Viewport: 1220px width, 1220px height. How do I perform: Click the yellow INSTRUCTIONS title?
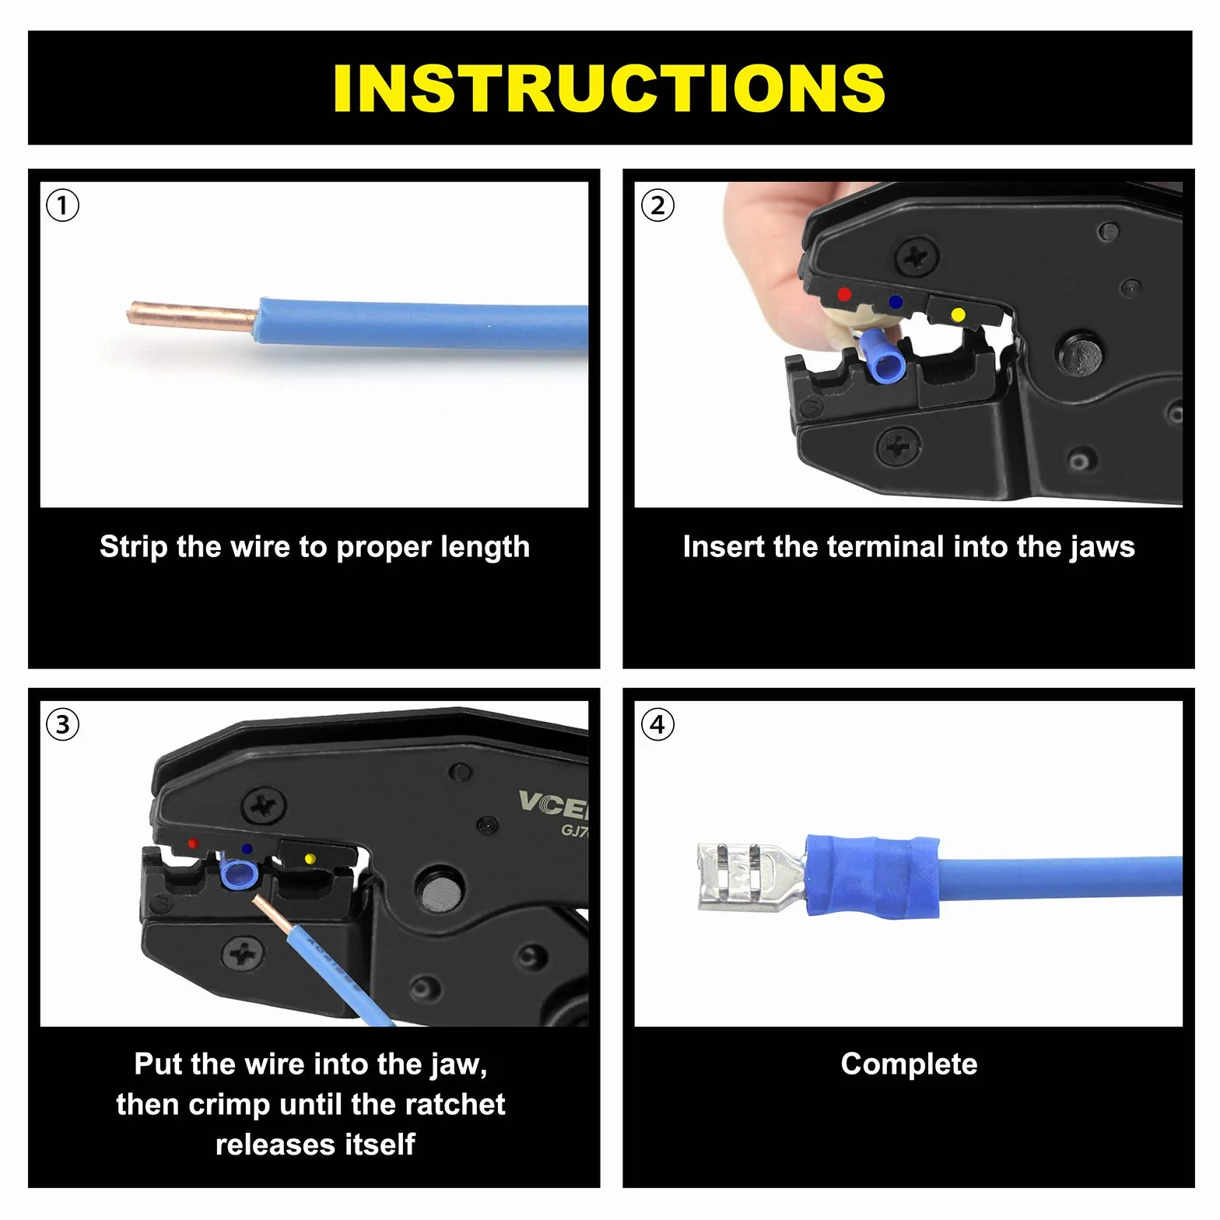pyautogui.click(x=609, y=88)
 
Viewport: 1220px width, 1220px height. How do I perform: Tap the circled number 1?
pyautogui.click(x=63, y=206)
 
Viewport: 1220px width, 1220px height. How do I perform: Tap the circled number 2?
pyautogui.click(x=657, y=206)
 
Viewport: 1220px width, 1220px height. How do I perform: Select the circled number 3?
pyautogui.click(x=63, y=725)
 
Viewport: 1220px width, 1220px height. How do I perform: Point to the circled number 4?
pyautogui.click(x=657, y=725)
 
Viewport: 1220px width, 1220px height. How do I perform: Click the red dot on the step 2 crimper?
pyautogui.click(x=844, y=294)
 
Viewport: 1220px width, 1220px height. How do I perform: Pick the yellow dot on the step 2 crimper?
pyautogui.click(x=959, y=314)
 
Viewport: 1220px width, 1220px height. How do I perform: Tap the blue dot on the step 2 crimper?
pyautogui.click(x=896, y=301)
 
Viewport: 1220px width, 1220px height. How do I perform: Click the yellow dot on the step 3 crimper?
pyautogui.click(x=310, y=859)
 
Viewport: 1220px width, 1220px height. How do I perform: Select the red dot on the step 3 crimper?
pyautogui.click(x=192, y=843)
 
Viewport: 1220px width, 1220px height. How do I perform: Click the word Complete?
pyautogui.click(x=909, y=1064)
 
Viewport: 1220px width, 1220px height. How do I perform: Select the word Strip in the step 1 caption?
pyautogui.click(x=133, y=547)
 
